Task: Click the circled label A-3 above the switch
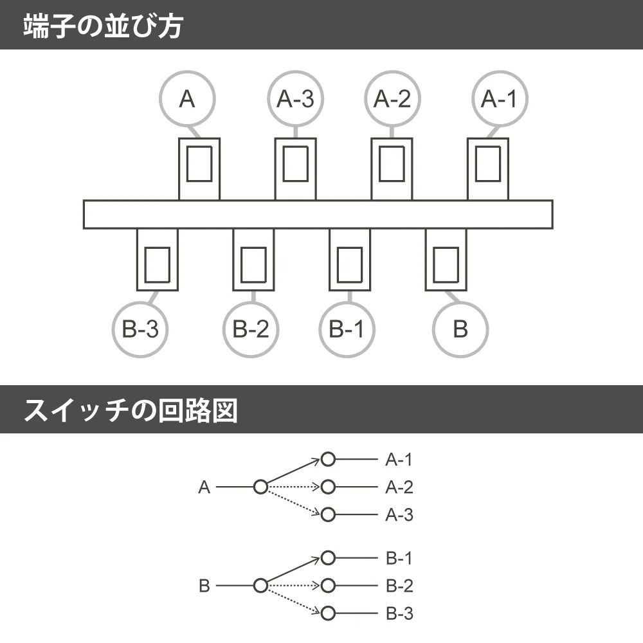[295, 99]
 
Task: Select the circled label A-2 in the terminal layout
[392, 99]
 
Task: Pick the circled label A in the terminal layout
[186, 99]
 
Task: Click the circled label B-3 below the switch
[140, 329]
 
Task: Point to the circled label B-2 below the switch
[251, 329]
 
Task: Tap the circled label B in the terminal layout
[460, 329]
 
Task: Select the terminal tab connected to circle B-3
[157, 260]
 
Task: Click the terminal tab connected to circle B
[446, 260]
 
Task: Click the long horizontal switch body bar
[318, 214]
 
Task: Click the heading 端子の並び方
[103, 25]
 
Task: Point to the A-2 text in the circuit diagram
[399, 487]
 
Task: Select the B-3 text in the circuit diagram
[399, 614]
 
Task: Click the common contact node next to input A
[260, 487]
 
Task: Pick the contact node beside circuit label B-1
[329, 558]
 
